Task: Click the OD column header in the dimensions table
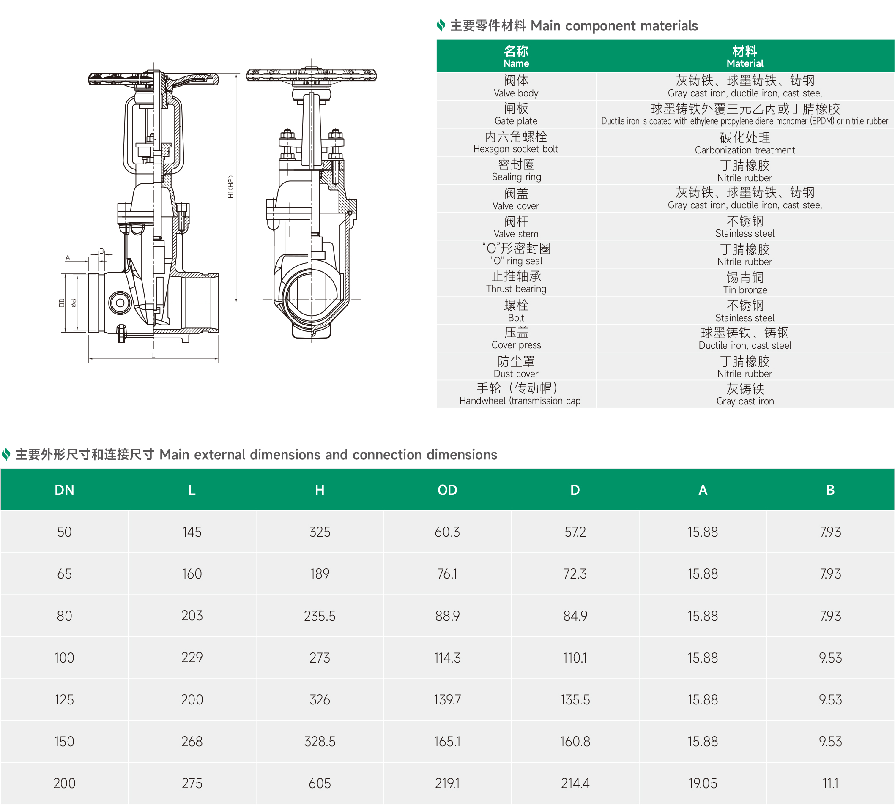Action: pos(447,490)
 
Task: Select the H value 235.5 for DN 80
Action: pos(320,616)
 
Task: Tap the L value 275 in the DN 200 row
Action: pos(192,783)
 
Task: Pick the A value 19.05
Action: pos(703,783)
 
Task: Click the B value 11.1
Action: pos(830,783)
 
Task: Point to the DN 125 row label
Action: pos(64,700)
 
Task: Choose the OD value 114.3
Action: pos(447,658)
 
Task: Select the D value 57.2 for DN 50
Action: pos(575,532)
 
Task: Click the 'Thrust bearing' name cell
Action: pos(516,283)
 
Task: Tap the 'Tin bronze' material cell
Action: pos(745,284)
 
